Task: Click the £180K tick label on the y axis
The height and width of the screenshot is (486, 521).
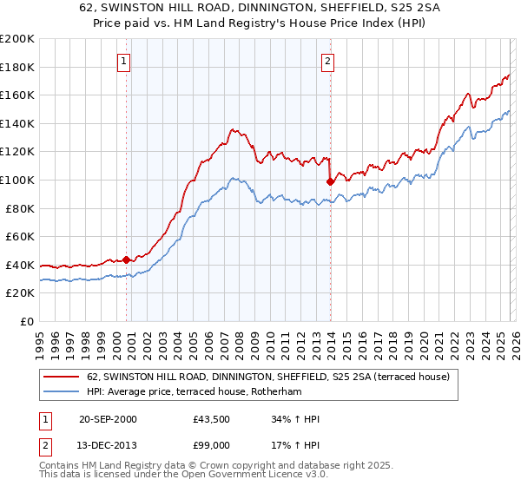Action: pyautogui.click(x=17, y=67)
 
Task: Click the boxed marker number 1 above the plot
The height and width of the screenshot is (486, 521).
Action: pyautogui.click(x=125, y=61)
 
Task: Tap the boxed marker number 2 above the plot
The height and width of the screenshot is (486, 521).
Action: pyautogui.click(x=327, y=61)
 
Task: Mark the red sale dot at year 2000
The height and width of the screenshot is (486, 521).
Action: pyautogui.click(x=126, y=259)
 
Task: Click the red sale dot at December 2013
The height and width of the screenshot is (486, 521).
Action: pyautogui.click(x=329, y=181)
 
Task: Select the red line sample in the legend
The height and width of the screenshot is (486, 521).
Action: pyautogui.click(x=63, y=377)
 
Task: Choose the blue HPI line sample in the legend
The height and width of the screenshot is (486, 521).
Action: pyautogui.click(x=63, y=391)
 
